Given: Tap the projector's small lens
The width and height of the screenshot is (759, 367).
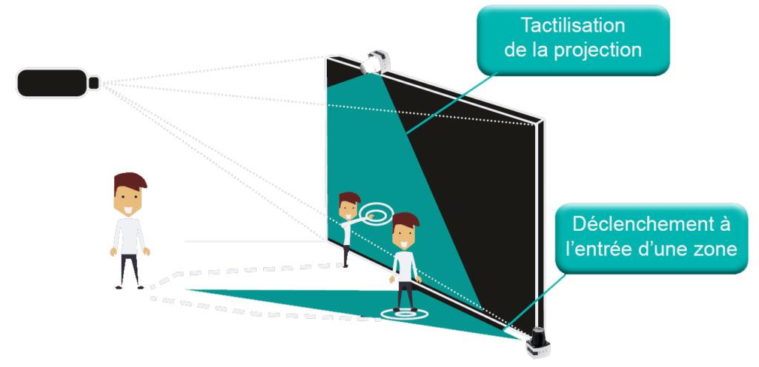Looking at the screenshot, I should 95,82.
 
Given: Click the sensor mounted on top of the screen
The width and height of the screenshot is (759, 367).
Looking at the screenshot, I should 376,61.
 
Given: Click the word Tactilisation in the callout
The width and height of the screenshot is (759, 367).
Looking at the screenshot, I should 572,27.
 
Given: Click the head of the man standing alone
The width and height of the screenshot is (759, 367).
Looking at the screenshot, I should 130,195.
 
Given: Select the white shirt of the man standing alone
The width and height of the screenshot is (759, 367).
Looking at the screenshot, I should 130,235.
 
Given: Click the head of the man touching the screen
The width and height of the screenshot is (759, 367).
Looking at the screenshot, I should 348,205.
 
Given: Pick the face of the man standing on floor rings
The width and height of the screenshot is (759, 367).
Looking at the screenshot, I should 405,236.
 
